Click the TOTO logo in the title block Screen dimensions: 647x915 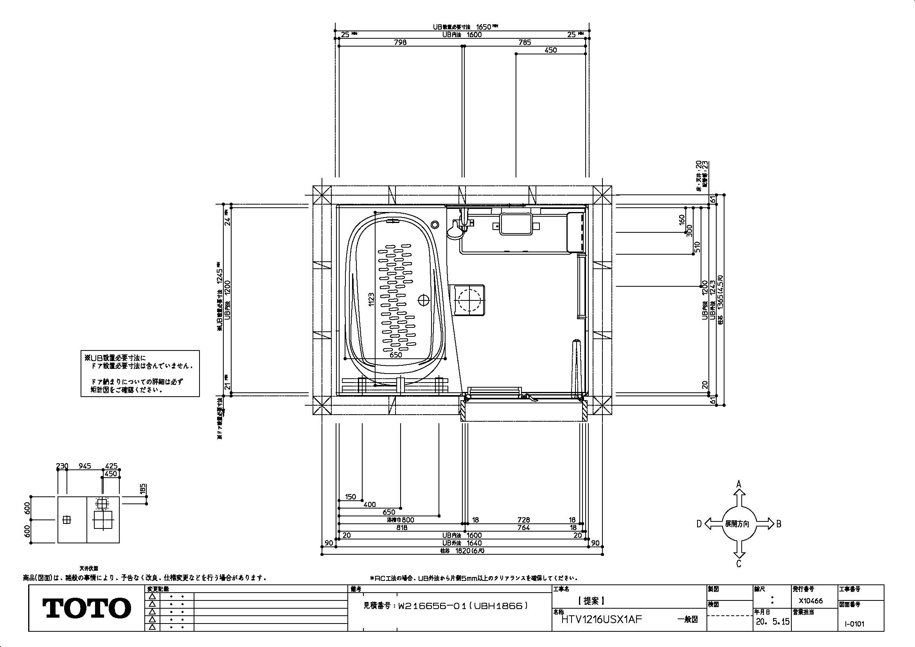pos(86,608)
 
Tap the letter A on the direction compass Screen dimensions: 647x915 pos(739,484)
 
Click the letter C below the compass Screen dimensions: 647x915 pos(739,564)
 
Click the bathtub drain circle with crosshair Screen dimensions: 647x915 pos(423,300)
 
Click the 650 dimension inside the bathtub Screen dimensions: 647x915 pos(396,354)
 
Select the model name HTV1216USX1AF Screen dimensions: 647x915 pos(602,620)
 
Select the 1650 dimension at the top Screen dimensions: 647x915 pos(484,27)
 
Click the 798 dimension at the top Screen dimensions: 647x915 pos(400,42)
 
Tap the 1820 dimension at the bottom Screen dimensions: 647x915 pos(464,551)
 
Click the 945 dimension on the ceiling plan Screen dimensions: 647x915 pos(84,466)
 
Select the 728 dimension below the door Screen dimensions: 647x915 pos(524,520)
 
